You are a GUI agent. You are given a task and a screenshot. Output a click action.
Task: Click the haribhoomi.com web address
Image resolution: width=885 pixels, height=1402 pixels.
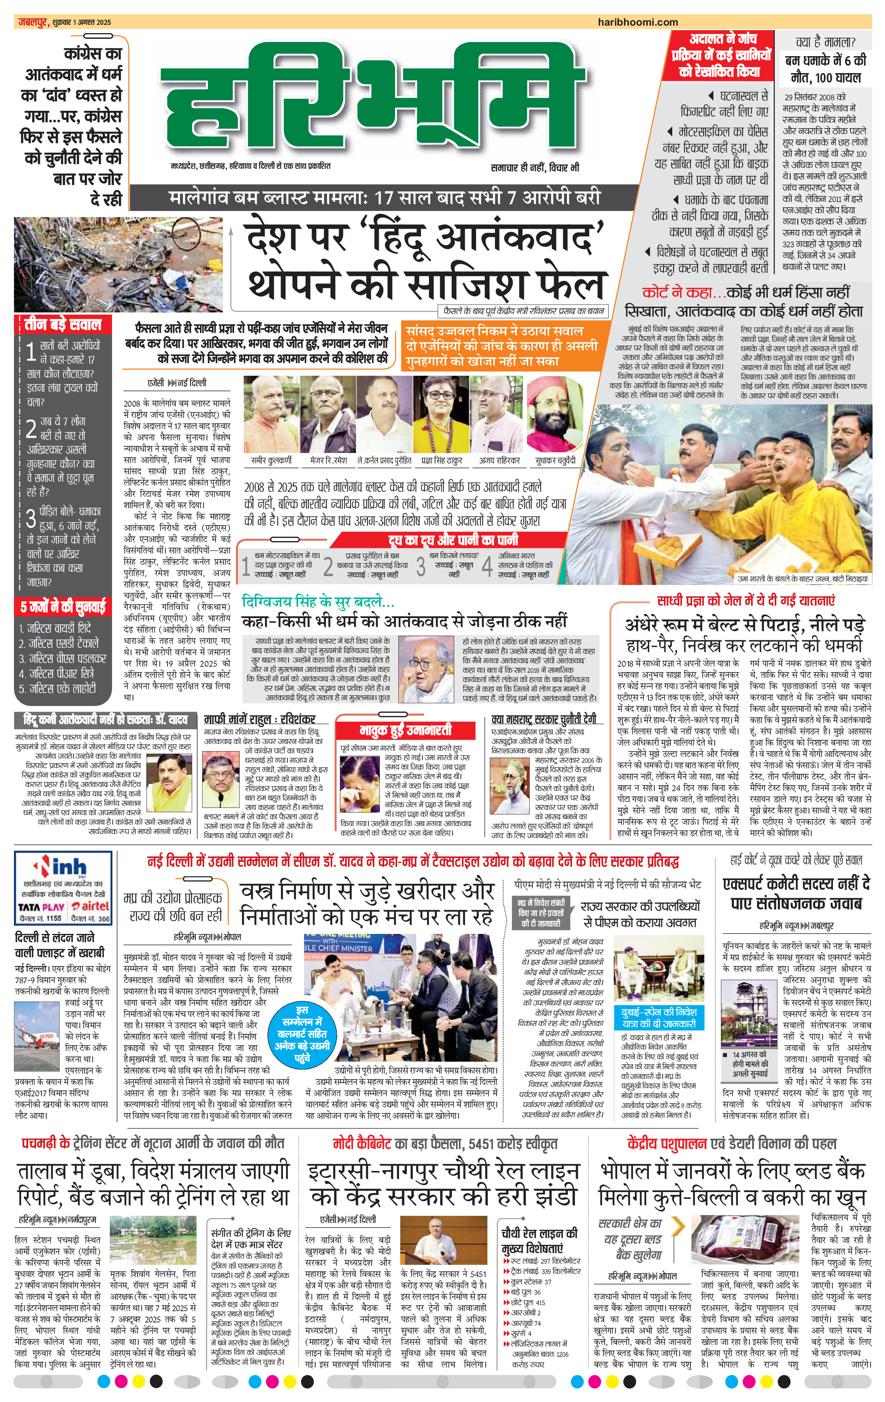click(638, 22)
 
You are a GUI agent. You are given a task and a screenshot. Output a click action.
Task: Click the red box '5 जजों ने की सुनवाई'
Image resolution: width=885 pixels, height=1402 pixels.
click(63, 607)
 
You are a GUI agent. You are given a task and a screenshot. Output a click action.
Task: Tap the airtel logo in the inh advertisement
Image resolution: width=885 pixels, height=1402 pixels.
click(90, 906)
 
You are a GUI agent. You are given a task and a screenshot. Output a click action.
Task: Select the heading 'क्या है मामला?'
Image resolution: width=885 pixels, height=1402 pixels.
click(825, 42)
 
